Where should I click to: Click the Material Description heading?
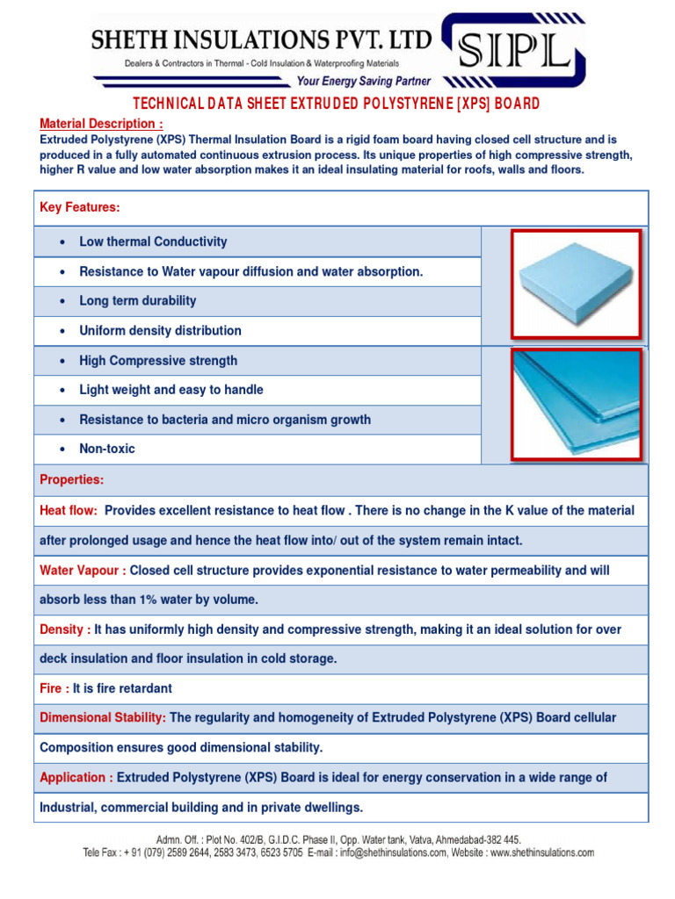101,124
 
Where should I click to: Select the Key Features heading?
80,207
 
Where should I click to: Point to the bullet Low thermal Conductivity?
153,241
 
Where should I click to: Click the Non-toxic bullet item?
107,449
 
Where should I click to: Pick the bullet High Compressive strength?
158,361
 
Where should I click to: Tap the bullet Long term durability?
138,300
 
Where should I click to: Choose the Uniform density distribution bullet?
160,331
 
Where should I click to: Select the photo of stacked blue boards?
577,404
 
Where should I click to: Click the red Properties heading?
72,480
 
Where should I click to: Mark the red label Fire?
54,688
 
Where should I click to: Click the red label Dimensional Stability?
103,718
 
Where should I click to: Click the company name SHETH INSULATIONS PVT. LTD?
263,40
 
